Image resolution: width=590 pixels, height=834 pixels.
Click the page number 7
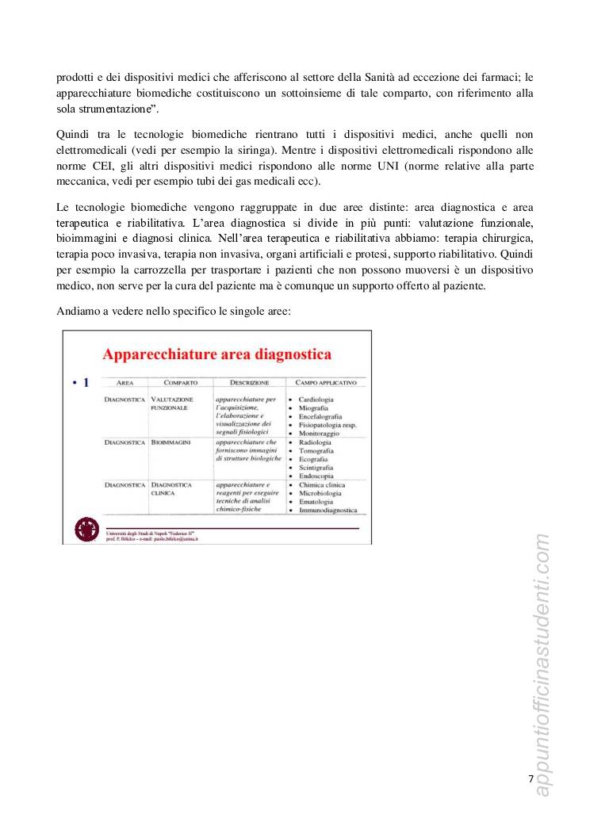tap(531, 779)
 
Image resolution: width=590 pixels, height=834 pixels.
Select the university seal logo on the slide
tap(86, 530)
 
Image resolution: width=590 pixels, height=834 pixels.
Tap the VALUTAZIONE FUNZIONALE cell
tap(171, 404)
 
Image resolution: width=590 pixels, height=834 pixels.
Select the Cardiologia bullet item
tap(316, 400)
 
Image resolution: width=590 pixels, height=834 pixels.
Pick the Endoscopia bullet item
tap(316, 476)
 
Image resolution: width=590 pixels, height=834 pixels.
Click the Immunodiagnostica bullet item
tap(328, 511)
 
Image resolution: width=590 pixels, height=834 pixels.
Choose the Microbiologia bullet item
tap(320, 493)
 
